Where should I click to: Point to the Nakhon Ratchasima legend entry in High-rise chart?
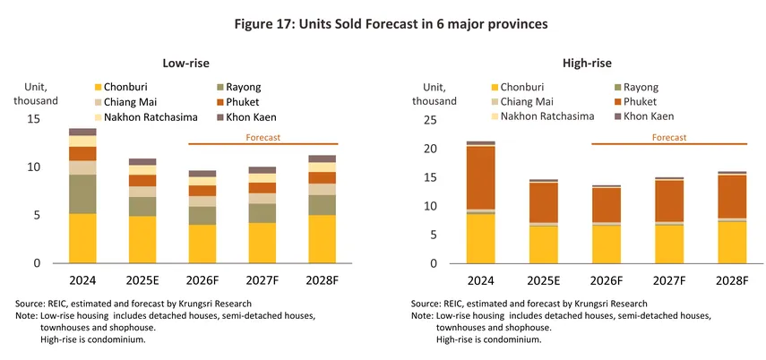coord(547,116)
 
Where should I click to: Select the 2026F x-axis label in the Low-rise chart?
coord(201,279)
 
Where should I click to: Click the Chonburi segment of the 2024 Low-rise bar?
coord(83,238)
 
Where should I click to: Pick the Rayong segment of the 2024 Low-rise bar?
coord(83,194)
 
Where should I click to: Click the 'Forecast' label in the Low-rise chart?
coord(263,138)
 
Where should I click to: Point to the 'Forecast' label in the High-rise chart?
coord(668,138)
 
